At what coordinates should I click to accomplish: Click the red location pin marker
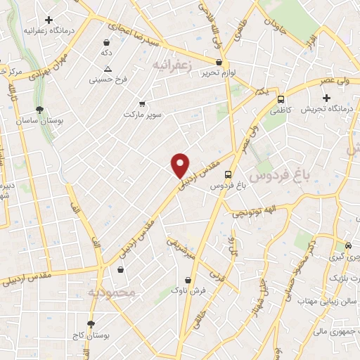coord(181,165)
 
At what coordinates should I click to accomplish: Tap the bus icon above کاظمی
coord(281,100)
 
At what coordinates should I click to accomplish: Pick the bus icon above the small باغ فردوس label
coord(228,175)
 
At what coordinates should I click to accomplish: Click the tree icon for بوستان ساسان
coord(39,110)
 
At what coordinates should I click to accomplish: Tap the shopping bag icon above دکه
coord(107,42)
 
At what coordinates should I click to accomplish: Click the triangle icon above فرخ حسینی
coord(108,69)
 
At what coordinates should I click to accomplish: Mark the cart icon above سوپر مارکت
coord(143,103)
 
